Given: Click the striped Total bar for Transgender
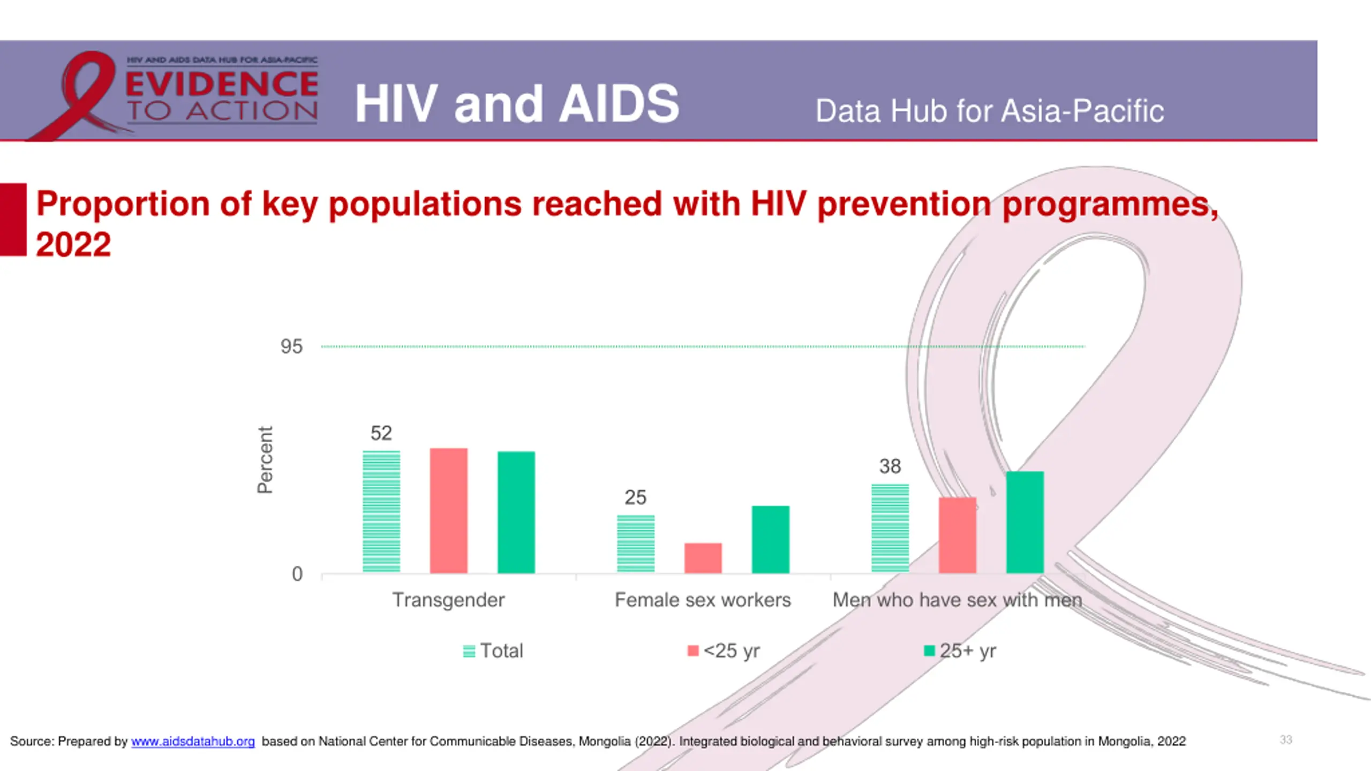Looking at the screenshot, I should click(381, 512).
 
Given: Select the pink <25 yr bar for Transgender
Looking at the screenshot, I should click(449, 510).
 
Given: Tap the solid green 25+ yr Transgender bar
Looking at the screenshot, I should click(516, 512).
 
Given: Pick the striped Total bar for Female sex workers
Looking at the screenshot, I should click(636, 544).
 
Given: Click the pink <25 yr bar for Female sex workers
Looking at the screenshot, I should click(703, 558).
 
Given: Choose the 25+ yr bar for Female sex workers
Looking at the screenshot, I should click(771, 539).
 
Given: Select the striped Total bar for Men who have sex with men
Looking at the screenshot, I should click(890, 528).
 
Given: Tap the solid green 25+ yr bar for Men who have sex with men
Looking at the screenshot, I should click(1025, 522).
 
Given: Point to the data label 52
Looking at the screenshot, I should click(381, 433).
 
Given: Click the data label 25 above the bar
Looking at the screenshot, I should click(636, 497).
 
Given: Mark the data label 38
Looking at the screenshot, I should click(890, 466).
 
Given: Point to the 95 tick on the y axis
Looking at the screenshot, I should click(291, 346).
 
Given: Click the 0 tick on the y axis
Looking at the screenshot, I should click(297, 574).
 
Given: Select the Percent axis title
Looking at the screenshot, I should click(266, 459).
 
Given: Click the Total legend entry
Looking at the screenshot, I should click(493, 651).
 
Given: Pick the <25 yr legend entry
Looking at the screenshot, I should click(724, 651).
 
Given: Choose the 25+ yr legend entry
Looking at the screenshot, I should click(960, 651).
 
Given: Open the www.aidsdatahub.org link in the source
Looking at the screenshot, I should click(193, 742).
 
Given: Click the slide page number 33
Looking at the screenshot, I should click(1286, 740).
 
